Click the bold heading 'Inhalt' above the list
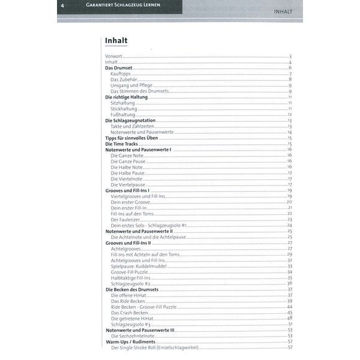click(x=115, y=41)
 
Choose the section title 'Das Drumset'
click(x=119, y=68)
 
